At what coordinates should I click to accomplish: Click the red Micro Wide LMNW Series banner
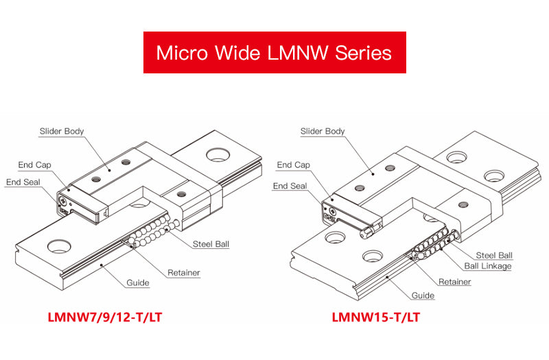tap(274, 52)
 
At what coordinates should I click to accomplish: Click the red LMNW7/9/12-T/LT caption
tap(105, 317)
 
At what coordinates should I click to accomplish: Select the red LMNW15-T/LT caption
tap(375, 317)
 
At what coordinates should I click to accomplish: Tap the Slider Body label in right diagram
tap(323, 131)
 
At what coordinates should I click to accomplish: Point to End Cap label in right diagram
tap(294, 165)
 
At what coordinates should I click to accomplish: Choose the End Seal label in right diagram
tap(290, 186)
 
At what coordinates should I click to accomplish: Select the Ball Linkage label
tap(487, 266)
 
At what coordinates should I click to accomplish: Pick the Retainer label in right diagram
tap(455, 282)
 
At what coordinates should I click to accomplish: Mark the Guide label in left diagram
tap(138, 283)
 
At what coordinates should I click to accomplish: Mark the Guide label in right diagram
tap(423, 296)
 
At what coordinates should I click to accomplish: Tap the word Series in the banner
tap(363, 53)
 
